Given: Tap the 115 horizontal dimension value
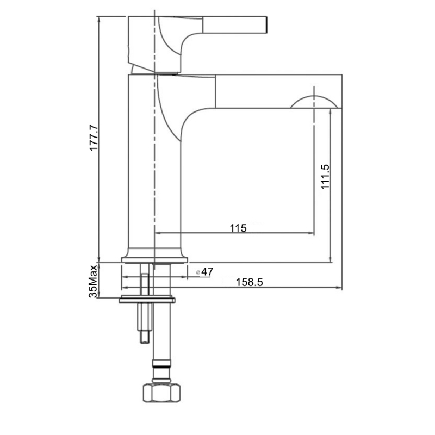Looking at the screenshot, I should [x=238, y=228].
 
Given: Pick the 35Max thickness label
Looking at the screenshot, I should [x=94, y=281].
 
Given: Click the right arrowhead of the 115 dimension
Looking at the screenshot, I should [x=312, y=234].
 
